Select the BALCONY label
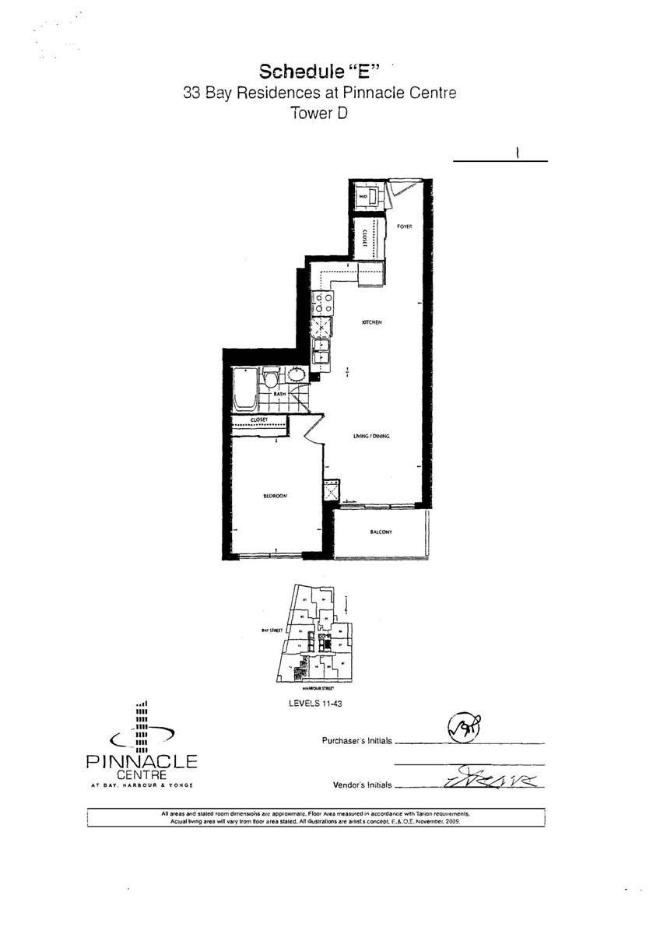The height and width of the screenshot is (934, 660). (381, 532)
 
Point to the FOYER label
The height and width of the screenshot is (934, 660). (403, 226)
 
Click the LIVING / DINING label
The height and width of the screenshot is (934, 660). (370, 436)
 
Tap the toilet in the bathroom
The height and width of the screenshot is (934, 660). (271, 381)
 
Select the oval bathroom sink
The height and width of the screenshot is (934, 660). (297, 374)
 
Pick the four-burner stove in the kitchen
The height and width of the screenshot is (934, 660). (323, 302)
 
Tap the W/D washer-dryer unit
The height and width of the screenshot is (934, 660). (364, 195)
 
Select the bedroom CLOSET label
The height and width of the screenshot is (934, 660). (259, 420)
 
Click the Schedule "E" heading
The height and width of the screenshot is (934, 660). (319, 72)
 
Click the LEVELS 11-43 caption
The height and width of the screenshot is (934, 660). (316, 702)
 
